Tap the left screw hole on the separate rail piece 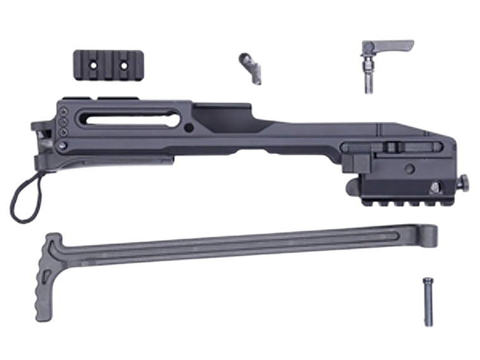click(x=90, y=64)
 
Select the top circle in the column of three click(x=63, y=112)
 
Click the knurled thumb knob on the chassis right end click(x=464, y=183)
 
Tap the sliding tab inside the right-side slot click(x=392, y=147)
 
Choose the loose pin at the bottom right click(x=428, y=301)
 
